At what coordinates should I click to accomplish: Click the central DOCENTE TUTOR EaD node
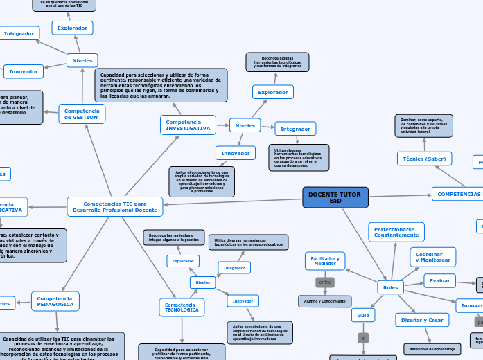point(335,197)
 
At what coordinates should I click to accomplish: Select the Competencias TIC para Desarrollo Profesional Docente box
point(115,206)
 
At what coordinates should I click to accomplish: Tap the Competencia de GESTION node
point(82,114)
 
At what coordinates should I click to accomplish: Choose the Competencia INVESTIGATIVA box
point(188,125)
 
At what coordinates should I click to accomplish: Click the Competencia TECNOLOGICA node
point(182,307)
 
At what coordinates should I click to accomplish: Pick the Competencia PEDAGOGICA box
point(55,300)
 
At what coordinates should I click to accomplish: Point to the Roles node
point(391,287)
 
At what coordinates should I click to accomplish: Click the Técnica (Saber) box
point(424,159)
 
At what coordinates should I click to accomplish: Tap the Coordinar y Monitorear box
point(432,257)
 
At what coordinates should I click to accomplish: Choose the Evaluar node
point(439,280)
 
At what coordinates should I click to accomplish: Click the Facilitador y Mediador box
point(325,260)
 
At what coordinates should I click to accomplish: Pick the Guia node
point(362,315)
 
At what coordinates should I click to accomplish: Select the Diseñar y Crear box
point(420,320)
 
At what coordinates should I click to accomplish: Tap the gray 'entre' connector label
point(325,282)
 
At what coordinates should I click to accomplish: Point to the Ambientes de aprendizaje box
point(432,349)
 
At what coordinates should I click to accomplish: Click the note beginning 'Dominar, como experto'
point(424,126)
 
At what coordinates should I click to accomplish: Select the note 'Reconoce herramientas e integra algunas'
point(173,237)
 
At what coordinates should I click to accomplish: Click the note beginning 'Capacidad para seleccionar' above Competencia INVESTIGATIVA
point(161,85)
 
